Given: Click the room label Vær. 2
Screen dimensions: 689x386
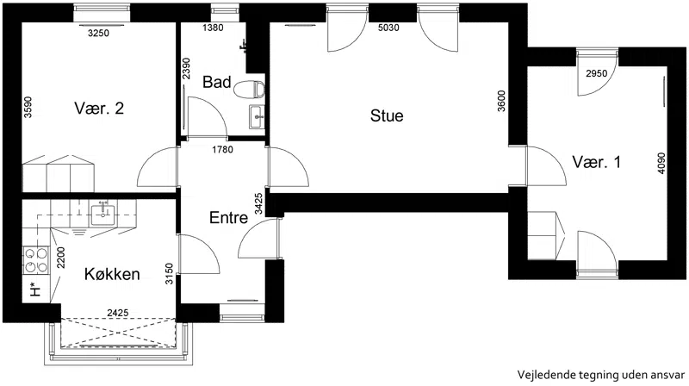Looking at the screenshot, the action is click(x=99, y=109).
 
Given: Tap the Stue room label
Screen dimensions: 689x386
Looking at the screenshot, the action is click(x=387, y=115).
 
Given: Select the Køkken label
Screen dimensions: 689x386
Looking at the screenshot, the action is click(x=112, y=274).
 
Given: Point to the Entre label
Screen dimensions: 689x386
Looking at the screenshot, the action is click(x=228, y=218).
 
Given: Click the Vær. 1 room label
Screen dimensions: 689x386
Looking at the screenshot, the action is click(x=596, y=162).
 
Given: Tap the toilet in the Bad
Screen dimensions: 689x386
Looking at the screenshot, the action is click(x=249, y=90).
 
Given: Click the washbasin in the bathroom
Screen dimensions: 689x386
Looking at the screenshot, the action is click(x=257, y=116).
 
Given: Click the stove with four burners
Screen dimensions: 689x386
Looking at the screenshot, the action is click(x=36, y=260).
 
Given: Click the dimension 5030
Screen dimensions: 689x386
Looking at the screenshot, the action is click(x=388, y=28).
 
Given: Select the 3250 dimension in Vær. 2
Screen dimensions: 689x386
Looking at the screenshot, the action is click(x=98, y=33).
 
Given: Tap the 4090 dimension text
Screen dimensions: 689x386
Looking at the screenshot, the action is click(x=661, y=163).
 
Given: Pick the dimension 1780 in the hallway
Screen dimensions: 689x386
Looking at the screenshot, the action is click(x=222, y=149).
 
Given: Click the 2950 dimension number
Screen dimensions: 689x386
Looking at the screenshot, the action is click(x=596, y=73).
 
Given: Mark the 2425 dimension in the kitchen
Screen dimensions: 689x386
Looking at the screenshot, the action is click(x=118, y=313).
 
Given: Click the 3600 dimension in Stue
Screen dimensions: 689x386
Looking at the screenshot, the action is click(x=501, y=101).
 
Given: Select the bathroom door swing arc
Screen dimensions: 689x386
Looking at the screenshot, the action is click(x=216, y=109).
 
